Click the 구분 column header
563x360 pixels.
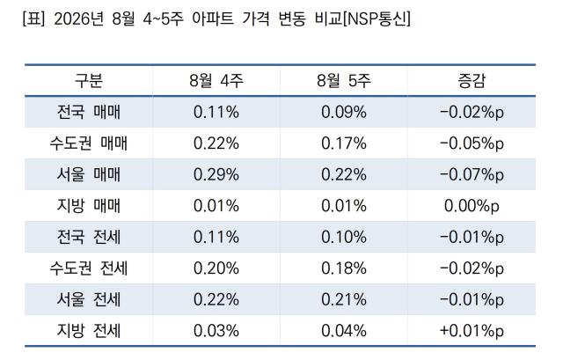coord(89,80)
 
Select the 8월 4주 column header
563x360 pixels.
coord(216,80)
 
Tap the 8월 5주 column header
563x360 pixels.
coord(344,80)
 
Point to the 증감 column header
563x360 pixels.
coord(472,80)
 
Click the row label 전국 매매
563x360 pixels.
coord(89,112)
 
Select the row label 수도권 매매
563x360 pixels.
coord(89,143)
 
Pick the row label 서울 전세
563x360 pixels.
coord(89,299)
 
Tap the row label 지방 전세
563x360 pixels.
coord(89,331)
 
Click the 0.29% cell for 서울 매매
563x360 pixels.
coord(216,174)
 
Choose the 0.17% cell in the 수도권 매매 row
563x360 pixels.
coord(344,143)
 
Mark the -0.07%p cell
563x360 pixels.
coord(472,175)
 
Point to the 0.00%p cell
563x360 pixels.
coord(472,206)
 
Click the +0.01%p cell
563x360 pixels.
coord(472,331)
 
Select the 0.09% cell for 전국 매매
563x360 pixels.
coord(344,112)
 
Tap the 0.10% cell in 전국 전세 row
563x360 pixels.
coord(344,237)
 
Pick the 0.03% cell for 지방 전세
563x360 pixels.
coord(216,331)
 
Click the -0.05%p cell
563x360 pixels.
coord(472,143)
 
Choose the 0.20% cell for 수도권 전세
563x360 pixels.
coord(216,268)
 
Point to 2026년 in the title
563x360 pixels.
coord(78,18)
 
